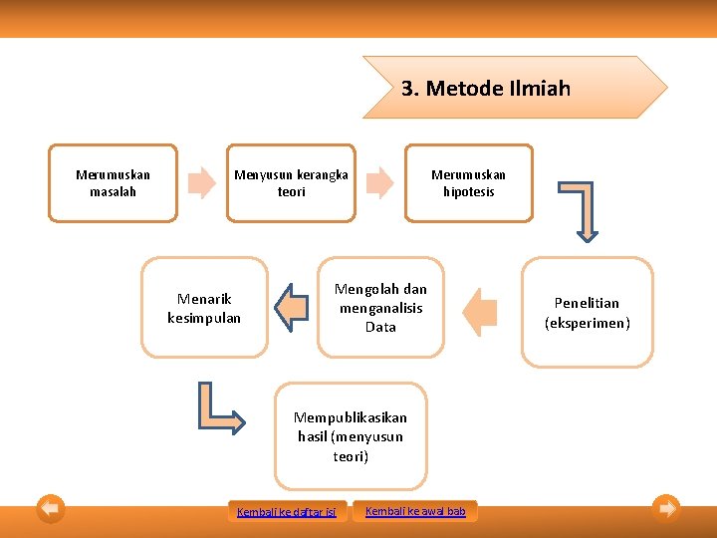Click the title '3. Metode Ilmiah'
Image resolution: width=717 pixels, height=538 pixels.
(x=486, y=89)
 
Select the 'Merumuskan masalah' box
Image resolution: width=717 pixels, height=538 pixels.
(x=113, y=183)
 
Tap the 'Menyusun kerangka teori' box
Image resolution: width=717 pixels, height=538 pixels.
(x=291, y=183)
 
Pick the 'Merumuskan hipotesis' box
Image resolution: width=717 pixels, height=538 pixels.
(x=468, y=183)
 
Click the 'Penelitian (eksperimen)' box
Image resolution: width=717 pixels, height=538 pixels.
(x=588, y=312)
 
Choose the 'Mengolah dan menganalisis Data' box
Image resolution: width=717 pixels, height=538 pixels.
(x=380, y=308)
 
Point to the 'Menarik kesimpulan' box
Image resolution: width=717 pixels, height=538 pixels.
(x=204, y=308)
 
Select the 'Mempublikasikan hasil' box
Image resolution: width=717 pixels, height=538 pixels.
(x=351, y=436)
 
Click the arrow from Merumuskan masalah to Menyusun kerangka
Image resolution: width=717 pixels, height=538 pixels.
(x=202, y=182)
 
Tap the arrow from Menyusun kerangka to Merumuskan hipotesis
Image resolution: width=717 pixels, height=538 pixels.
(x=379, y=182)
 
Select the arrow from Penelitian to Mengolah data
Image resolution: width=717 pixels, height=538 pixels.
(x=481, y=311)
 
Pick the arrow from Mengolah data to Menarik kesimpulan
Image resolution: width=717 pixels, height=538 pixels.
(x=292, y=307)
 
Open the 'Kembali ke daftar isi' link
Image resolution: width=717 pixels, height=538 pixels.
(x=287, y=512)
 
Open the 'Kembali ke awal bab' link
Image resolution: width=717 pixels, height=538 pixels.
(x=415, y=511)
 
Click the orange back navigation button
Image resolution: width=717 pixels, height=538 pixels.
(x=51, y=509)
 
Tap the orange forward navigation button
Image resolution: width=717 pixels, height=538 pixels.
(x=666, y=509)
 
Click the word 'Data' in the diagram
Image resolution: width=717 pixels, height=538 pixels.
(x=380, y=327)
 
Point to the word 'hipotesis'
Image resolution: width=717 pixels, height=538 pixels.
(x=468, y=192)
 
